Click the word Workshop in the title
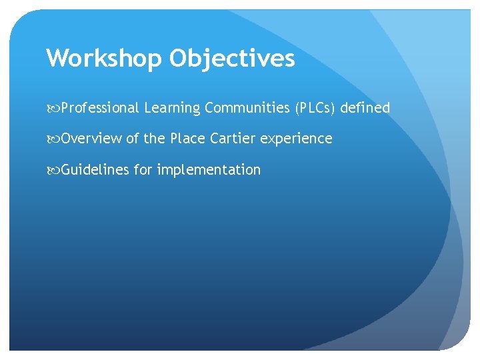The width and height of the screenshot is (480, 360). pos(104,59)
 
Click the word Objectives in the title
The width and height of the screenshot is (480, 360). pos(231,59)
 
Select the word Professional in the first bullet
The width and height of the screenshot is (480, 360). pos(100,108)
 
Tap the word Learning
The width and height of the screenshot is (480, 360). pos(172,108)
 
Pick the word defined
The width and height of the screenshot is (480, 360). pos(365,108)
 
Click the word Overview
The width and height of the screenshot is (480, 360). pos(92,139)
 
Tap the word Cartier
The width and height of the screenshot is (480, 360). pos(233,139)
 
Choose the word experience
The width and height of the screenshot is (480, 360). pos(296,139)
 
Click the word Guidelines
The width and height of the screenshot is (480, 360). pos(95,170)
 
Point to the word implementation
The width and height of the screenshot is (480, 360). pos(209,171)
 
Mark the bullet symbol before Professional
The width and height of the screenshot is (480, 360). pos(53,108)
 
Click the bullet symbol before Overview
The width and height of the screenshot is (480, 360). pos(53,139)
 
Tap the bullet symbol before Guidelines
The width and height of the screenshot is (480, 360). pos(53,170)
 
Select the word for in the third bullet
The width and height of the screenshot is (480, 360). pos(143,170)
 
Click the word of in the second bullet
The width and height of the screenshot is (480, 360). pos(133,139)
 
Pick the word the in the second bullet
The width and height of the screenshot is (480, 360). pos(155,139)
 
